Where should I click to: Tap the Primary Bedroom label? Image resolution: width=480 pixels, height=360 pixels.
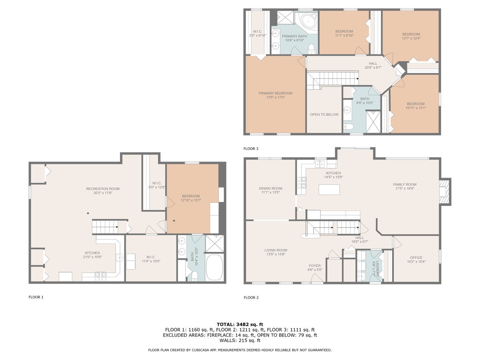click(x=275, y=93)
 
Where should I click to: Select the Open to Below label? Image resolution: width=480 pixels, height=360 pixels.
click(x=324, y=114)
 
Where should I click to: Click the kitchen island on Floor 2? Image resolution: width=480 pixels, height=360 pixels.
click(x=329, y=190)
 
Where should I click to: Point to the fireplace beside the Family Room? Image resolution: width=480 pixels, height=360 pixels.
click(x=445, y=192)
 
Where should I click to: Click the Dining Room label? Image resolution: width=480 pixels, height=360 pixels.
click(x=270, y=188)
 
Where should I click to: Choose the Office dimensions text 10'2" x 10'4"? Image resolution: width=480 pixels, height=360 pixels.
click(x=416, y=262)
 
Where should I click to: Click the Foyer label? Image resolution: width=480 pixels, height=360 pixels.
click(x=315, y=266)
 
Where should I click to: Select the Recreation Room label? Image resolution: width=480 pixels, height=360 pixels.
click(x=103, y=189)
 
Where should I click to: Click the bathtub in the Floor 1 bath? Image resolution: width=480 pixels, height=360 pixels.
click(x=214, y=268)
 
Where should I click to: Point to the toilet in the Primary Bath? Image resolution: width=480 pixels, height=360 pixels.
click(x=311, y=49)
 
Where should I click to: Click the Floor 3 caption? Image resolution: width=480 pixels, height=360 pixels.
click(x=251, y=149)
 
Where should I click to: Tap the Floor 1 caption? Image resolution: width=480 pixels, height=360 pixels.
click(x=36, y=297)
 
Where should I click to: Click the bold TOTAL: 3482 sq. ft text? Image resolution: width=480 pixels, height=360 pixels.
click(x=240, y=324)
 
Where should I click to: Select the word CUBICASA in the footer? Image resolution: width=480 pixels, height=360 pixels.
click(x=200, y=350)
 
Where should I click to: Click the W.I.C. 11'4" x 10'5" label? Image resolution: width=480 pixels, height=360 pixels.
click(x=151, y=259)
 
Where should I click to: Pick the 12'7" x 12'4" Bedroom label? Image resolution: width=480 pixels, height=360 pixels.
click(x=411, y=36)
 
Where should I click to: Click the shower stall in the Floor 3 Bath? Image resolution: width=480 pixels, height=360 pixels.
click(x=373, y=122)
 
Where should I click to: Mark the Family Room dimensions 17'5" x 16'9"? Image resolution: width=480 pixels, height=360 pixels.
click(x=405, y=188)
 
